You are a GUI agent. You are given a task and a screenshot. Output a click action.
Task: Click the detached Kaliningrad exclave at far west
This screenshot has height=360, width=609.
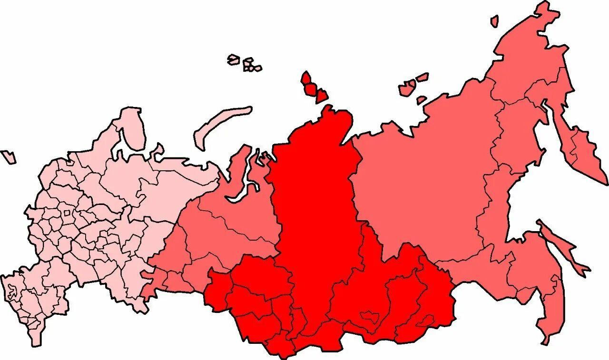[x=8, y=156]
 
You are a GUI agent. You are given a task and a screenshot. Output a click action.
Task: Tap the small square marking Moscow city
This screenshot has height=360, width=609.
[x=67, y=213]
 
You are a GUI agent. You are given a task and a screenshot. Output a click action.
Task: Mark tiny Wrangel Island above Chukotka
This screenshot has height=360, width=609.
[x=495, y=21]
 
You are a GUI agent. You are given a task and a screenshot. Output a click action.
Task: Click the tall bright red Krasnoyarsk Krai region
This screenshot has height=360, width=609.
[x=316, y=200]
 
